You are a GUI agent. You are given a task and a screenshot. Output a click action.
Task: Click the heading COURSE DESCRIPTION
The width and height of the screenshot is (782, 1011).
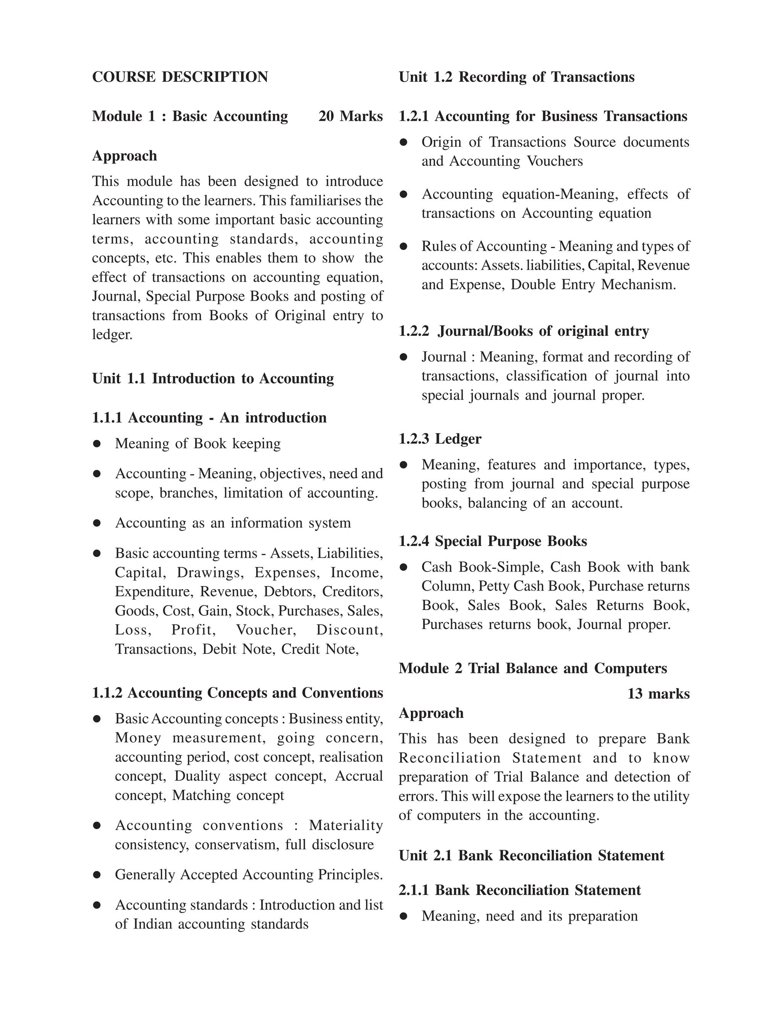coord(180,77)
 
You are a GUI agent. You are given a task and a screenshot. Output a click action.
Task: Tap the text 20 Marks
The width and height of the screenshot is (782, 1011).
coord(350,116)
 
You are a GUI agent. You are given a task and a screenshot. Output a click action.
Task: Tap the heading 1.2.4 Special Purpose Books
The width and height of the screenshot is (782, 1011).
coord(493,541)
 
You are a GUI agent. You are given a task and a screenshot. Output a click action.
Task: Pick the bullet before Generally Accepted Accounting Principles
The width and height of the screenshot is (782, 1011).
coord(97,875)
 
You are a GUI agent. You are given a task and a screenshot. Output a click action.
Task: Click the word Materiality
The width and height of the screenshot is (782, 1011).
coord(346,825)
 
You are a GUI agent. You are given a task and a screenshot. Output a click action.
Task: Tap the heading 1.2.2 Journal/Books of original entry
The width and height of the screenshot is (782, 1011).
coord(523,331)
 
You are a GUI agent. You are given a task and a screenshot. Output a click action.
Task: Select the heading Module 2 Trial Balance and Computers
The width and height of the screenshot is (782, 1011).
coord(532,668)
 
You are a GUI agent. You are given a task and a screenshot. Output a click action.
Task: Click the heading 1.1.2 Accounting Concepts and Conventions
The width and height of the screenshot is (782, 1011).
coord(237,693)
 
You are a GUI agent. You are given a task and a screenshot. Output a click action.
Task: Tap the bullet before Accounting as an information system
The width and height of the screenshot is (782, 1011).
coord(97,523)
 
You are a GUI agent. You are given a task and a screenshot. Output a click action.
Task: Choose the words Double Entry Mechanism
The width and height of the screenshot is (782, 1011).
coord(593,284)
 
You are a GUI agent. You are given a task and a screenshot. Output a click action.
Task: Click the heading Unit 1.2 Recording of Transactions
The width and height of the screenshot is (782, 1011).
coord(516,77)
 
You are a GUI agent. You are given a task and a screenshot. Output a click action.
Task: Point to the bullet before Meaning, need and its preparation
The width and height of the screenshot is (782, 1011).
coord(404,916)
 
